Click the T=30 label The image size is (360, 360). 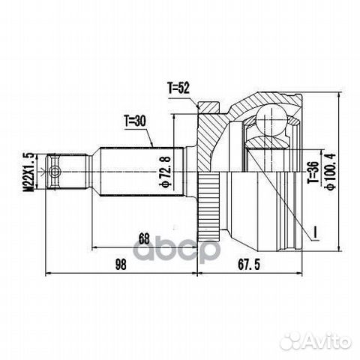135,118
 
